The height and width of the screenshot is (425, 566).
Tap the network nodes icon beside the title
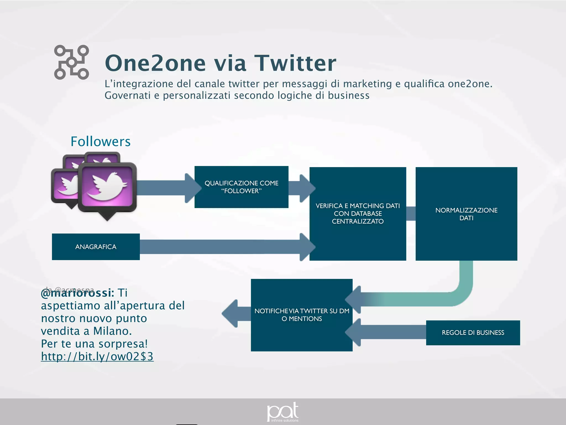(71, 63)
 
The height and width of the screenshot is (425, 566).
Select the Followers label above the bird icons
(100, 141)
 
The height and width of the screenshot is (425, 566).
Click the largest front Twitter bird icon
(108, 187)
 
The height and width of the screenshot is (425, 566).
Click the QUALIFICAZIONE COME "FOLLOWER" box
(241, 187)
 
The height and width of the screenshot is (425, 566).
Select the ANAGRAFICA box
(96, 247)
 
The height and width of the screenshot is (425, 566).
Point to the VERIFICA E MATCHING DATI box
(358, 214)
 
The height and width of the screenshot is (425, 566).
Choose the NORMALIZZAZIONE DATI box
(466, 214)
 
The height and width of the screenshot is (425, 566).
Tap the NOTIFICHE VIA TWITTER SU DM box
(302, 315)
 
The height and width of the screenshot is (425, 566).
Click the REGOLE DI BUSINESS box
(473, 333)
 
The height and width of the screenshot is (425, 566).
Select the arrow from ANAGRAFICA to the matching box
(221, 247)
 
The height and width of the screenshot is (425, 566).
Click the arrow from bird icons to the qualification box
(166, 188)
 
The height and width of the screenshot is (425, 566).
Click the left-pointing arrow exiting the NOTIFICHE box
(235, 314)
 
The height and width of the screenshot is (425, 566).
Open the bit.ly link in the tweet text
(97, 356)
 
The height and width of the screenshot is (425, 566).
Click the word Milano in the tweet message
(112, 331)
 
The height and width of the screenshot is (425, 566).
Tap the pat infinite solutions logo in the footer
(283, 412)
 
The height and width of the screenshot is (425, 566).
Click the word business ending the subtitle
(348, 95)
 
